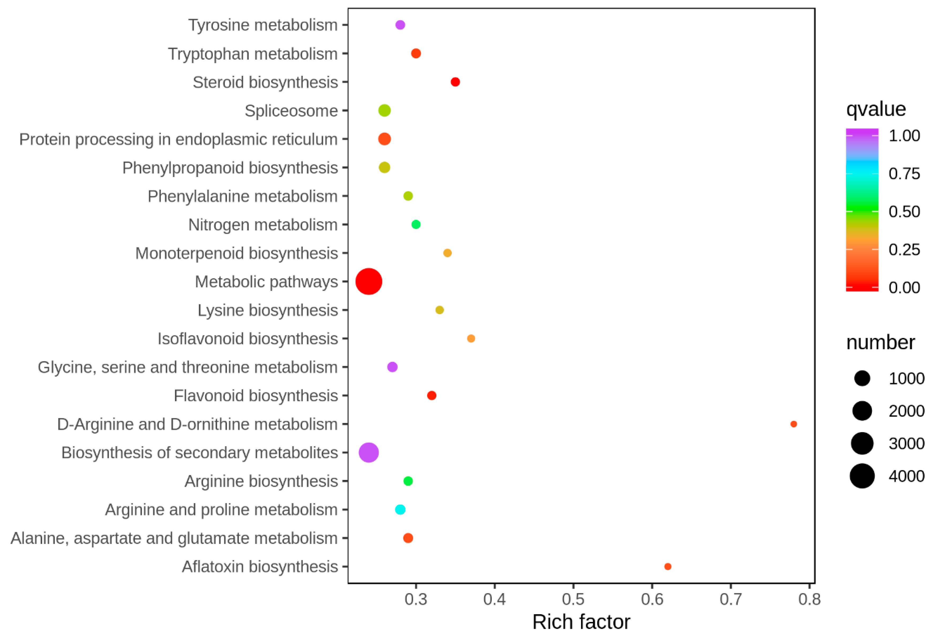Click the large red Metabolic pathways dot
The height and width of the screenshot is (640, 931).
368,282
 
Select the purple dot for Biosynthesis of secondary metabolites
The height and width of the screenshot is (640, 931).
368,452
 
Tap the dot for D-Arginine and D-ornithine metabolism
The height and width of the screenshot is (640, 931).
793,424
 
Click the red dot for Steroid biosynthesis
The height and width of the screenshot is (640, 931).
455,82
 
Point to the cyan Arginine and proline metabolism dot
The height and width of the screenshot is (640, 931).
400,509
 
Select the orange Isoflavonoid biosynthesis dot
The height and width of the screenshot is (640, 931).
471,339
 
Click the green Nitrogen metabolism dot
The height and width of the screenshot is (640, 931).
416,224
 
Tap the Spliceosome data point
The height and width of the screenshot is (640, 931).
384,110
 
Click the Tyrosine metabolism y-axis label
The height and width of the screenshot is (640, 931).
263,25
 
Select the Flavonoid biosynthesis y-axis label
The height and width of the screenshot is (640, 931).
256,395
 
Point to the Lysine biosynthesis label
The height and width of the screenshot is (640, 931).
268,310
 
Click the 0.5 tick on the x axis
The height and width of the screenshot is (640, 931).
573,599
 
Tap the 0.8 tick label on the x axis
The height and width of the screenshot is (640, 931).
809,599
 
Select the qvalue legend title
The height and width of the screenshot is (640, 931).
876,109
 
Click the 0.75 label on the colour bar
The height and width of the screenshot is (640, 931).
904,174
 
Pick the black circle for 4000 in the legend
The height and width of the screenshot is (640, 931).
862,476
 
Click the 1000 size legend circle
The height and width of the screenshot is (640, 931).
862,378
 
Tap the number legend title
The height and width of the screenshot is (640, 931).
880,343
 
